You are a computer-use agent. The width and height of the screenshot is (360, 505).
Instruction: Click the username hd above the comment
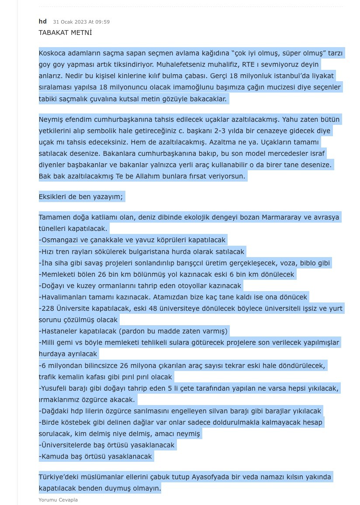[x=42, y=21]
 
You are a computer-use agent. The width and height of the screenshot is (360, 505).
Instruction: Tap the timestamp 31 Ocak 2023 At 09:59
[x=81, y=22]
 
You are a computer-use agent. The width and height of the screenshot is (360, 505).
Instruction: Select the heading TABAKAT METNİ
[x=65, y=33]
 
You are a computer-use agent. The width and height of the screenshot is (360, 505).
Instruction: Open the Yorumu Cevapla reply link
[x=58, y=500]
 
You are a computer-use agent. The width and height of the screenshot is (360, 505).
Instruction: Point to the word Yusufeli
[x=55, y=388]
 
